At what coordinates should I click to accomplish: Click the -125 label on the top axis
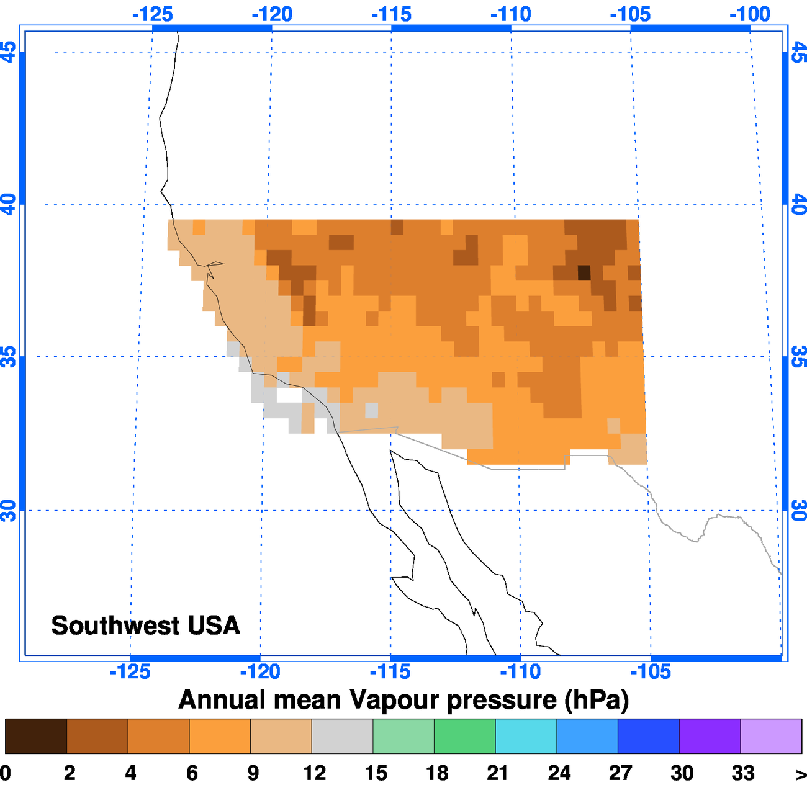(152, 14)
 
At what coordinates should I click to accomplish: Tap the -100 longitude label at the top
(750, 14)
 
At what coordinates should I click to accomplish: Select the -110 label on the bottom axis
(520, 671)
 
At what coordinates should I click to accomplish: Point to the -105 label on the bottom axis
(651, 671)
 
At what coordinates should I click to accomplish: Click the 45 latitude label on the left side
(9, 52)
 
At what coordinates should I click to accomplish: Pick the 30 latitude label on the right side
(798, 511)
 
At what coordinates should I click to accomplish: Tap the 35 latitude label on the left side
(9, 357)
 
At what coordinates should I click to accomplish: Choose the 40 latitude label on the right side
(798, 204)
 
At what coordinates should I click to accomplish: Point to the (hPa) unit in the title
(597, 700)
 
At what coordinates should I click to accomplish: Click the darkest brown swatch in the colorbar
(35, 736)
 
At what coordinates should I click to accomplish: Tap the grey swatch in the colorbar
(342, 736)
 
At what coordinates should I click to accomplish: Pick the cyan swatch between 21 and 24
(526, 736)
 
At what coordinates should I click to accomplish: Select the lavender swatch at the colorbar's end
(771, 736)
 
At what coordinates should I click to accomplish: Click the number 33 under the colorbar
(742, 773)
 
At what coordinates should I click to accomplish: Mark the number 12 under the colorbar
(314, 773)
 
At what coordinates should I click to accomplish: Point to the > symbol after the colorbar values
(800, 774)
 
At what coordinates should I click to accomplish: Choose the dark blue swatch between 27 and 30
(649, 736)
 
